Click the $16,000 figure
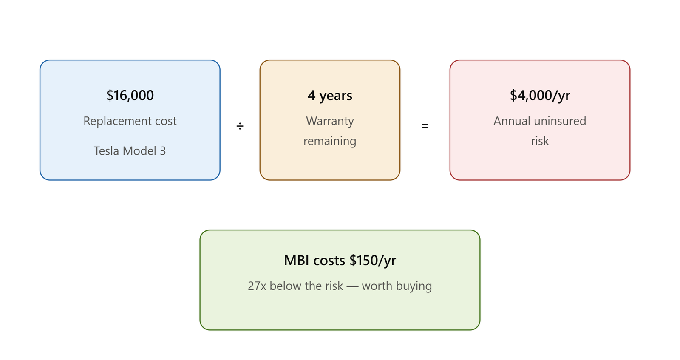(x=130, y=95)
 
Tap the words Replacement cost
(x=130, y=121)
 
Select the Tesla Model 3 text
(x=130, y=151)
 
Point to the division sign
(x=240, y=126)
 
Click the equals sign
(x=425, y=126)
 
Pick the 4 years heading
(x=330, y=95)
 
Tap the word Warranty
(x=330, y=122)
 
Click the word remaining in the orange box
(x=330, y=141)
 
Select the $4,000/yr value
(x=540, y=95)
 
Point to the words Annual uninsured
(x=540, y=121)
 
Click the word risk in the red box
(x=540, y=141)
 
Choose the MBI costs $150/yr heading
(x=340, y=261)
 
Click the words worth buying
(x=397, y=286)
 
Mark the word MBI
(x=297, y=261)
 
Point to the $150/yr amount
(x=373, y=261)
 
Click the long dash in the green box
(x=352, y=286)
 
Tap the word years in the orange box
(x=336, y=96)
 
